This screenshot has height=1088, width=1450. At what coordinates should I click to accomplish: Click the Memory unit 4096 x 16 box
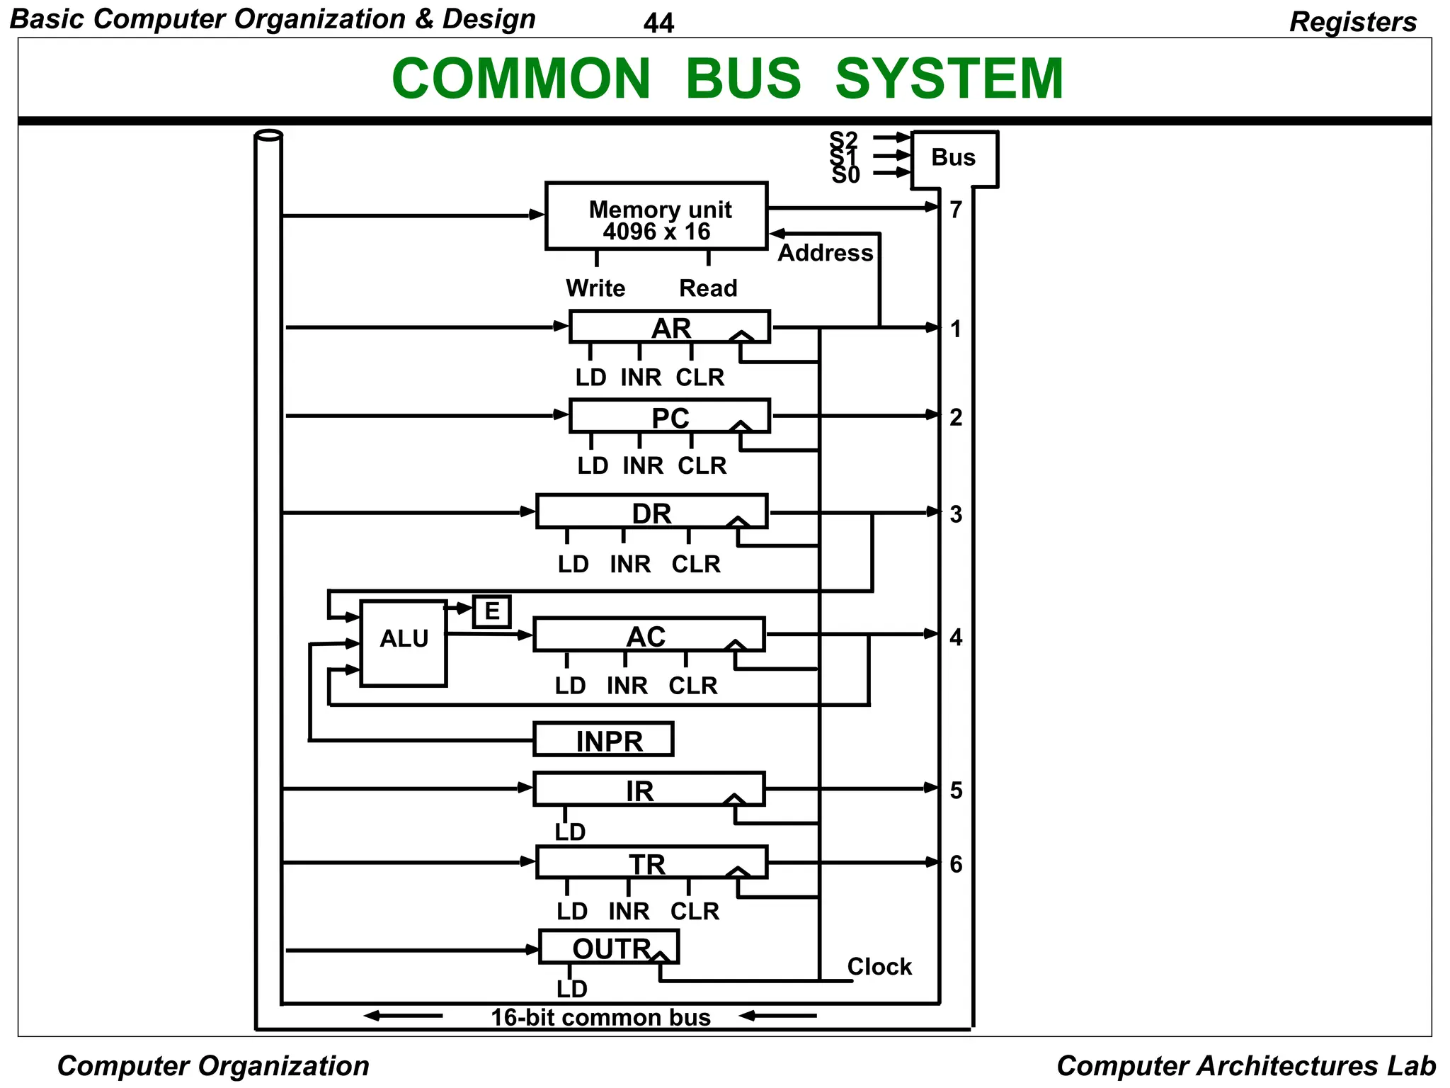point(656,216)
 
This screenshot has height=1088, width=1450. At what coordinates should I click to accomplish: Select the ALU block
point(404,642)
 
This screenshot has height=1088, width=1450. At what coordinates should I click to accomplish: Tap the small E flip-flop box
point(491,611)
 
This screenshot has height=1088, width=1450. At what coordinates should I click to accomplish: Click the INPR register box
point(603,739)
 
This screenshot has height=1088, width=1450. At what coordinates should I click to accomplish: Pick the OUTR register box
point(609,947)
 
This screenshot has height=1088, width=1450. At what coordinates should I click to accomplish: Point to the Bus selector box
point(954,158)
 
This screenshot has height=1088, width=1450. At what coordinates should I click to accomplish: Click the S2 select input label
point(843,139)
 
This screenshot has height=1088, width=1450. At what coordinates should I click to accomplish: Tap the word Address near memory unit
point(826,253)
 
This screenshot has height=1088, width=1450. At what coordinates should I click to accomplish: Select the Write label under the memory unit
point(595,288)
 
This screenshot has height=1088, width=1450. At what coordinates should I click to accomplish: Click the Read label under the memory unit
point(708,288)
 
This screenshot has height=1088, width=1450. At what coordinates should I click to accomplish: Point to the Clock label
point(879,967)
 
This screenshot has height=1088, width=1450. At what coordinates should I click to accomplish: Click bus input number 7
point(956,210)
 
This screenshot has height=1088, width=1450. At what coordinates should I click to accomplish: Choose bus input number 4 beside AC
point(956,637)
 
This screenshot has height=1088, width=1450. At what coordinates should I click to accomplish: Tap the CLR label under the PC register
point(702,465)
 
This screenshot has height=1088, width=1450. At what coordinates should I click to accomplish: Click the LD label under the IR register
point(571,832)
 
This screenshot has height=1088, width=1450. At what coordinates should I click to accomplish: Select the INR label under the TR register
point(629,911)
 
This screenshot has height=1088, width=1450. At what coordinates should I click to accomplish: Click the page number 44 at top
point(658,23)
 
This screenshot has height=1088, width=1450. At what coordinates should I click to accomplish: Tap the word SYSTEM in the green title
point(949,79)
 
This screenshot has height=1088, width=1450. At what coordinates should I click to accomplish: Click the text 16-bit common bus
point(600,1018)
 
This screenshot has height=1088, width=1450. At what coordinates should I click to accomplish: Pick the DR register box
point(651,512)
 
